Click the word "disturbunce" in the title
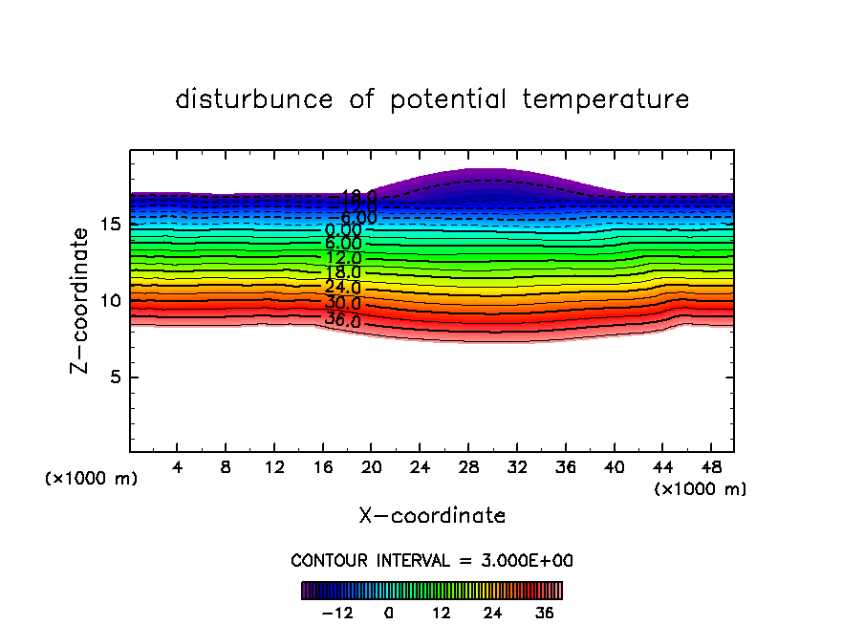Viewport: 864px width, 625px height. coord(254,99)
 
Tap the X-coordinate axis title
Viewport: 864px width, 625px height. coord(432,516)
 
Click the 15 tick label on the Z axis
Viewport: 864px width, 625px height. coord(110,224)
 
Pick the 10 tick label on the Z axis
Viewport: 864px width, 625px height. coord(110,300)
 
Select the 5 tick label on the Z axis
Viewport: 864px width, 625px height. coord(116,377)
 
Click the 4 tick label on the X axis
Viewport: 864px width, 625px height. coord(177,468)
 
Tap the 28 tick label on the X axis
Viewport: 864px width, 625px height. coord(467,468)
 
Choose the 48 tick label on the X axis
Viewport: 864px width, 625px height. coord(709,468)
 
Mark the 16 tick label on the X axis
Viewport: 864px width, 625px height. coord(322,468)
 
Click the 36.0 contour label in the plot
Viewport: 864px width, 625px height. coord(342,320)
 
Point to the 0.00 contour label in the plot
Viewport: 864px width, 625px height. coord(343,229)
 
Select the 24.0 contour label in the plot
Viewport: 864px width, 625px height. coord(342,287)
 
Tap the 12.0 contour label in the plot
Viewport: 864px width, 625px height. coord(343,258)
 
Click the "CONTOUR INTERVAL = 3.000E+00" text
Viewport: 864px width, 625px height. coord(432,560)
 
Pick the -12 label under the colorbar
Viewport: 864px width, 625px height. coord(336,612)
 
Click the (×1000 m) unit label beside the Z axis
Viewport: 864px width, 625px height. coord(91,479)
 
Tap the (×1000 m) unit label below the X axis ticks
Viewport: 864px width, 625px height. coord(700,488)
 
